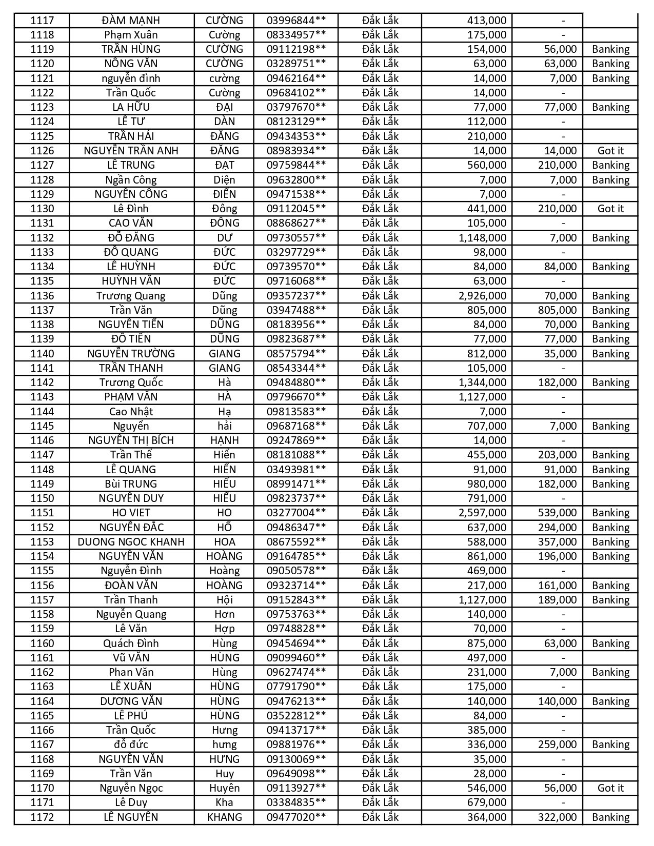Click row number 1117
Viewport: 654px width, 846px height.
click(42, 21)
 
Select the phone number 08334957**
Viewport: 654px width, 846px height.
click(296, 35)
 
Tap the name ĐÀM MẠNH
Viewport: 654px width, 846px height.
click(131, 21)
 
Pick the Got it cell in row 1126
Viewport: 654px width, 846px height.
click(610, 151)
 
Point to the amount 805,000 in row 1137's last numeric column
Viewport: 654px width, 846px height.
click(557, 310)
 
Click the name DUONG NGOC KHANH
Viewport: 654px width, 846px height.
click(131, 542)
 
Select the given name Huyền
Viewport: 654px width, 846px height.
click(224, 788)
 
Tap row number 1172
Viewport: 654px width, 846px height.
click(42, 817)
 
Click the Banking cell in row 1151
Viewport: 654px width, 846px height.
click(610, 513)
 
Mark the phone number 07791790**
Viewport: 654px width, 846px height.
click(296, 687)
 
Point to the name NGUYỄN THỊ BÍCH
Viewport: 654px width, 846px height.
click(131, 440)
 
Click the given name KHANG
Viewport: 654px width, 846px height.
click(224, 817)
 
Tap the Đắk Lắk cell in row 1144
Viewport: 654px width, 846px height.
click(380, 412)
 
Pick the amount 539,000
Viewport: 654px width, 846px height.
click(557, 513)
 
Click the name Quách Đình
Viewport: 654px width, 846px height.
click(131, 643)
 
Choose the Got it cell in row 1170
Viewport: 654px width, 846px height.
click(610, 788)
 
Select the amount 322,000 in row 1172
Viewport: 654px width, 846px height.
click(557, 817)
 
